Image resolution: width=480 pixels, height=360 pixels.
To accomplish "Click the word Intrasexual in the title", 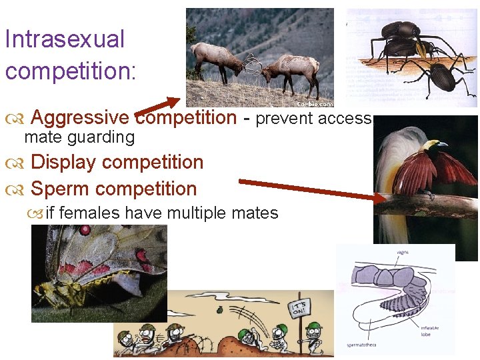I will tap(64, 39).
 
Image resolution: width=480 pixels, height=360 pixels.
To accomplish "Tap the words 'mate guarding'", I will tap(79, 137).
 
